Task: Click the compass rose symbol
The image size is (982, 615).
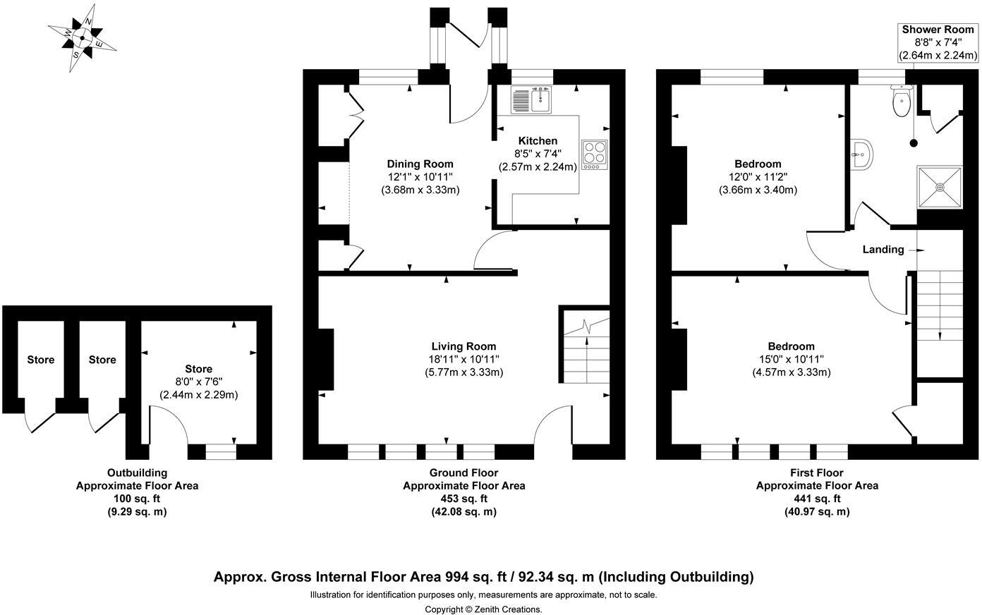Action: pyautogui.click(x=82, y=38)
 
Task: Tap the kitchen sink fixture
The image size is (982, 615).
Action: pyautogui.click(x=531, y=99)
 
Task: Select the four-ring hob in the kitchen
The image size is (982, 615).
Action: pyautogui.click(x=595, y=154)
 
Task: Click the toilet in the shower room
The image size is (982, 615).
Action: pyautogui.click(x=902, y=100)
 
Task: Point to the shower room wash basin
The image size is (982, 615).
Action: pyautogui.click(x=861, y=154)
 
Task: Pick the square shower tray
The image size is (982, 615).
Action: pyautogui.click(x=940, y=187)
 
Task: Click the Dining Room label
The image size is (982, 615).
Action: pyautogui.click(x=420, y=164)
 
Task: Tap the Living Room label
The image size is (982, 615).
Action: pyautogui.click(x=463, y=346)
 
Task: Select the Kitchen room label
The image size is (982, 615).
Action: pyautogui.click(x=538, y=141)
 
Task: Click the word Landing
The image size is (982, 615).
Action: pyautogui.click(x=883, y=250)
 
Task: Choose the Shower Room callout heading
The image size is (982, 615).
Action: pyautogui.click(x=938, y=30)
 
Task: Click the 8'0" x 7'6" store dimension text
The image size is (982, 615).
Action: pyautogui.click(x=199, y=382)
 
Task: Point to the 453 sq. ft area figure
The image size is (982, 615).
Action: pyautogui.click(x=463, y=499)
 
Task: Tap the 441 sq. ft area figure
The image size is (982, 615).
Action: pyautogui.click(x=817, y=499)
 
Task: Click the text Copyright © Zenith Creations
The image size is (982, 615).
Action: pyautogui.click(x=483, y=609)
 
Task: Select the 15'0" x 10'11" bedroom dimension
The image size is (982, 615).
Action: pyautogui.click(x=792, y=360)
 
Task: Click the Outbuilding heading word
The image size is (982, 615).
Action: pyautogui.click(x=138, y=473)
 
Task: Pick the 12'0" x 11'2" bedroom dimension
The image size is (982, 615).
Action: pyautogui.click(x=758, y=177)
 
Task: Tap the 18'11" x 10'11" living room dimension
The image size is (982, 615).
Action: pyautogui.click(x=463, y=360)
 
